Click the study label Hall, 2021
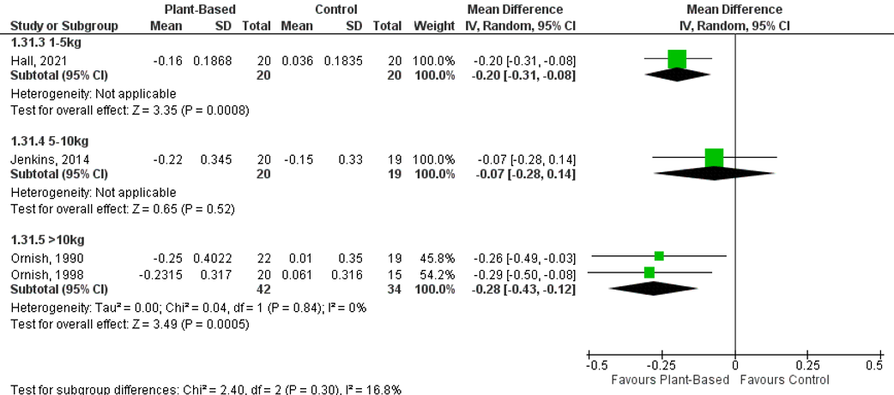point(33,60)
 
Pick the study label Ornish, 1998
point(39,272)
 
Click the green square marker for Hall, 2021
point(677,59)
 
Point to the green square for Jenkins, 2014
point(714,158)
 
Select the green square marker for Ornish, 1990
point(659,255)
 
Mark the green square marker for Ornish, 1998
point(649,272)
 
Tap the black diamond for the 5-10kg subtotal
point(714,173)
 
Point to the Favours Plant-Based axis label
point(669,380)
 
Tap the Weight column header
point(434,26)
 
